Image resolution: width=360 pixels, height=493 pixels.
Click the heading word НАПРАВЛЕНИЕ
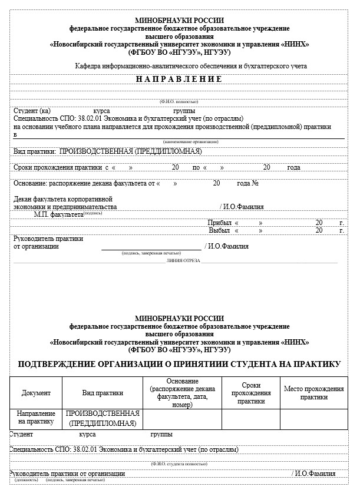179,79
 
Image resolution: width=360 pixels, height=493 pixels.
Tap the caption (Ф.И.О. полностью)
179,102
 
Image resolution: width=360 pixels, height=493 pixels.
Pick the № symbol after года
256,183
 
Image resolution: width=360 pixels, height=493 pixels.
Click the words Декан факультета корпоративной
62,199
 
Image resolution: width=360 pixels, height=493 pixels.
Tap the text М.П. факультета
58,215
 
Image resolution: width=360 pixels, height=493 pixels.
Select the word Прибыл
219,223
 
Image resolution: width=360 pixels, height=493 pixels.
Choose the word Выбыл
219,230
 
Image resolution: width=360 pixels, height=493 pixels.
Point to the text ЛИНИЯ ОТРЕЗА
183,260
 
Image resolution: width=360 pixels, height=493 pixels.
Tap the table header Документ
36,393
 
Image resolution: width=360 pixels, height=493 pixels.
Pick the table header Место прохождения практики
313,393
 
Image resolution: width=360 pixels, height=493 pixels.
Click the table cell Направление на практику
36,418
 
